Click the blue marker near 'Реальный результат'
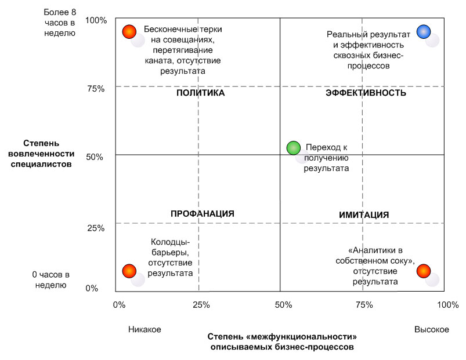click(424, 32)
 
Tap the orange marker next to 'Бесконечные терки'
click(129, 31)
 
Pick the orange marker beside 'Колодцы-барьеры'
click(129, 271)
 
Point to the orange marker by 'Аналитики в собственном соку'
click(424, 271)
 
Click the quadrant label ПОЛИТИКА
click(200, 93)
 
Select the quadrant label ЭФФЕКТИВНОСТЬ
click(366, 93)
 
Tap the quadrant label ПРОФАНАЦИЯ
click(202, 213)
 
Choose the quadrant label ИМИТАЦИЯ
click(364, 215)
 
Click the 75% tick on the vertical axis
click(96, 89)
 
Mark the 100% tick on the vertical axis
click(96, 21)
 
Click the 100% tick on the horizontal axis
click(447, 304)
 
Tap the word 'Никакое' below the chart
click(145, 329)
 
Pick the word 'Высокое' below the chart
click(431, 329)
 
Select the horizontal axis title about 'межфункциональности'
click(281, 341)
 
